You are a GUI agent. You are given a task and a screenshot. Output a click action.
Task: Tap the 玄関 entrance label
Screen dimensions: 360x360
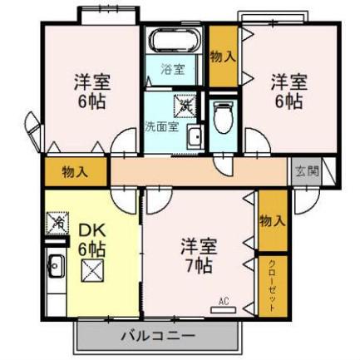(305, 172)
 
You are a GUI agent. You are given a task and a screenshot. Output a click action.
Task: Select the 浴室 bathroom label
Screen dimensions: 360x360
(172, 70)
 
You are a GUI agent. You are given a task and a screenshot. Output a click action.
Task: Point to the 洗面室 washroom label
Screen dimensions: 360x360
(160, 127)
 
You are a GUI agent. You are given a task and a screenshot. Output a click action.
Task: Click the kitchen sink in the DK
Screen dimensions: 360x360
(56, 267)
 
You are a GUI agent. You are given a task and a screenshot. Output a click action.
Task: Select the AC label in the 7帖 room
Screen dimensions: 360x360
(222, 299)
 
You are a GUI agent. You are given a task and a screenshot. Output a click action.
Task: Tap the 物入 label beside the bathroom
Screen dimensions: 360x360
(222, 57)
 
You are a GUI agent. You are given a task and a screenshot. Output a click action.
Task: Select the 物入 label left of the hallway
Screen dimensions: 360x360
(76, 173)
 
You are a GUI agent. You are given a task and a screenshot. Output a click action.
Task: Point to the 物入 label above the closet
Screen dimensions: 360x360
(272, 220)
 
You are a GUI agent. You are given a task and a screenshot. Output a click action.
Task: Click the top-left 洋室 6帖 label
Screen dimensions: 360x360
(91, 93)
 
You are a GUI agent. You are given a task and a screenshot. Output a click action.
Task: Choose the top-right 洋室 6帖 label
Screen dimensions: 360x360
(288, 91)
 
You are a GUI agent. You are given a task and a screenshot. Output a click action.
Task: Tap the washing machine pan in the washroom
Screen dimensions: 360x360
(183, 105)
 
